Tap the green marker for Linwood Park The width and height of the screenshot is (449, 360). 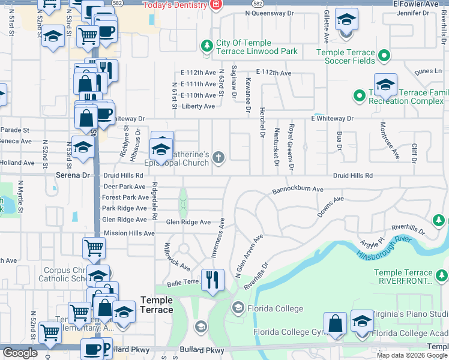[x=207, y=46]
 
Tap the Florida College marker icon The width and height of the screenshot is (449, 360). [x=238, y=308]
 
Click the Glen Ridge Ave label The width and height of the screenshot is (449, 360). [x=188, y=222]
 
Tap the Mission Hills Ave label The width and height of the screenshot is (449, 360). [x=129, y=233]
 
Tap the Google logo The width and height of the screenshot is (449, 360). [x=20, y=353]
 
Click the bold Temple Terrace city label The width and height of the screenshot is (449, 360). [x=156, y=305]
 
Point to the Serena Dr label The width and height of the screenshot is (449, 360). [x=73, y=175]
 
